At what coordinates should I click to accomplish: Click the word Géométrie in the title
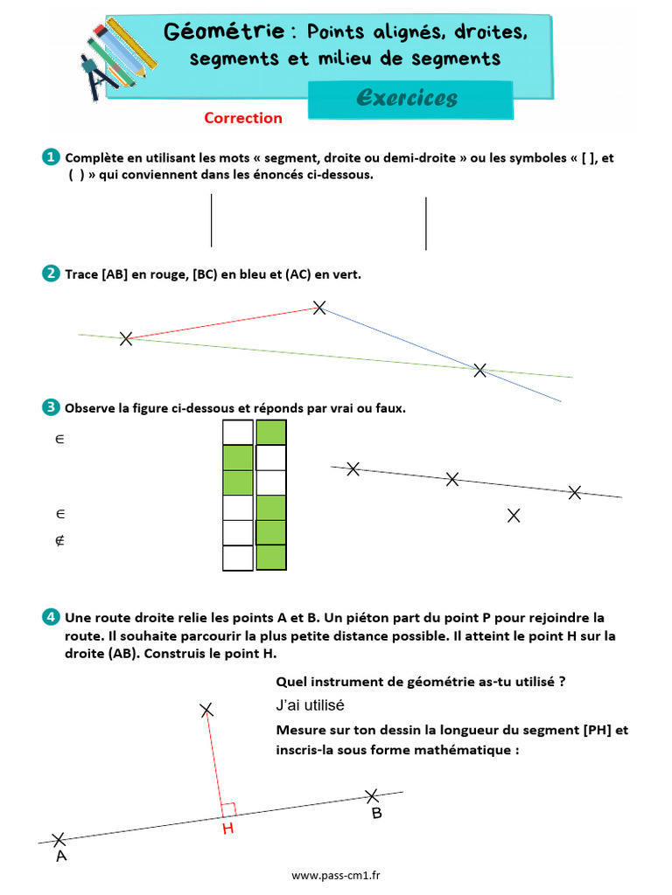click(225, 31)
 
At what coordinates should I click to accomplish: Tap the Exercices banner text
click(407, 97)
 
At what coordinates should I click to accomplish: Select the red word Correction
click(243, 118)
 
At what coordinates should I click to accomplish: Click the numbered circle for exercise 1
click(51, 157)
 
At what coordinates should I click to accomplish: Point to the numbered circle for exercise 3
click(51, 407)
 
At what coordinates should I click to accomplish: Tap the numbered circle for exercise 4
click(51, 617)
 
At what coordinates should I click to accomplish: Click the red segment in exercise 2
click(223, 323)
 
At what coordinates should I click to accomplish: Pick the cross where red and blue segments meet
click(319, 307)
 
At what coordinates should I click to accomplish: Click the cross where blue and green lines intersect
click(479, 370)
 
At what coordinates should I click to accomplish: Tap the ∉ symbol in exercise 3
click(59, 540)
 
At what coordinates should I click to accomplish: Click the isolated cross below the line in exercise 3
click(514, 516)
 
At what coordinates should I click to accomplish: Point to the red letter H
click(227, 829)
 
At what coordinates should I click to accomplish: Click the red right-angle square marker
click(228, 809)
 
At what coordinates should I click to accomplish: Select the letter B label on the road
click(376, 814)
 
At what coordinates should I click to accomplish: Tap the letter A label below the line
click(60, 857)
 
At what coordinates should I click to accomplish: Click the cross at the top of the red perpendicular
click(206, 710)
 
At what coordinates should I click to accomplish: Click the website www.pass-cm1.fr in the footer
click(342, 875)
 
